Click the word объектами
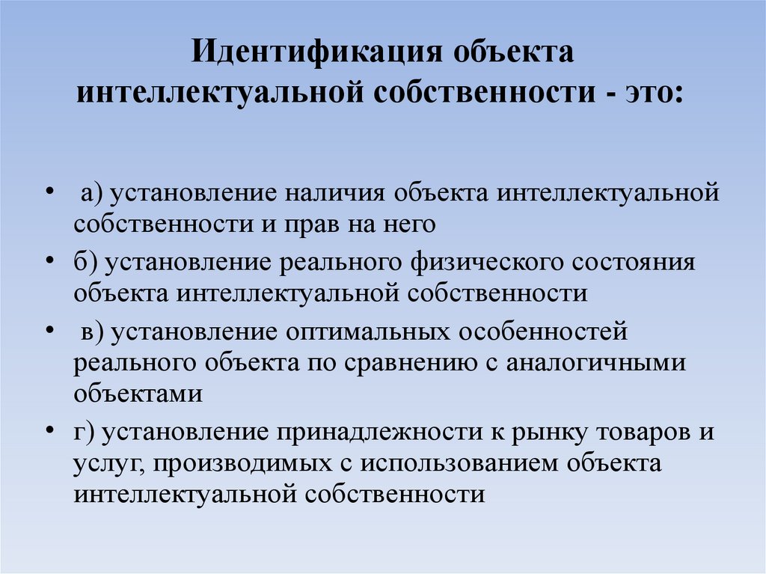[138, 393]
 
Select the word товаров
[647, 432]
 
